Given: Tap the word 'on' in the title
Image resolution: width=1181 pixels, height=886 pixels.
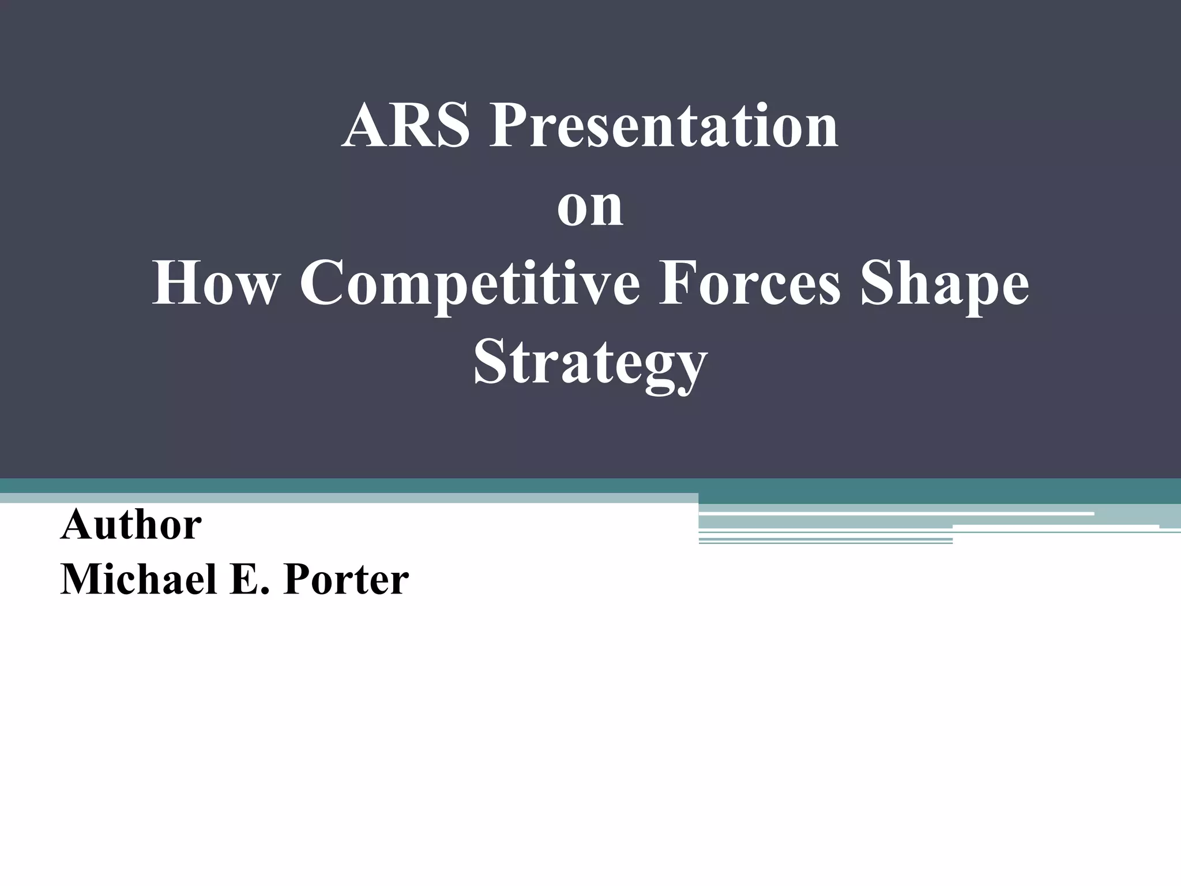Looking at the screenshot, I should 590,206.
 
